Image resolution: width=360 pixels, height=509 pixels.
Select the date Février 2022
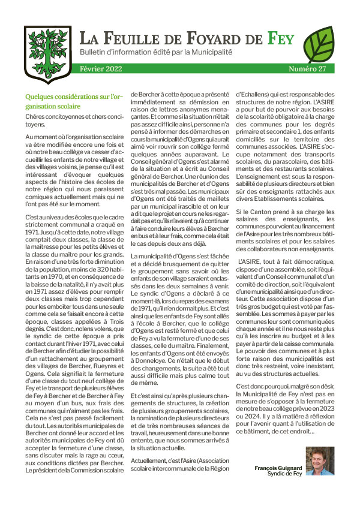[100, 70]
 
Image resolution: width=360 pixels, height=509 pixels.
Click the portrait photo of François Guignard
[319, 460]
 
